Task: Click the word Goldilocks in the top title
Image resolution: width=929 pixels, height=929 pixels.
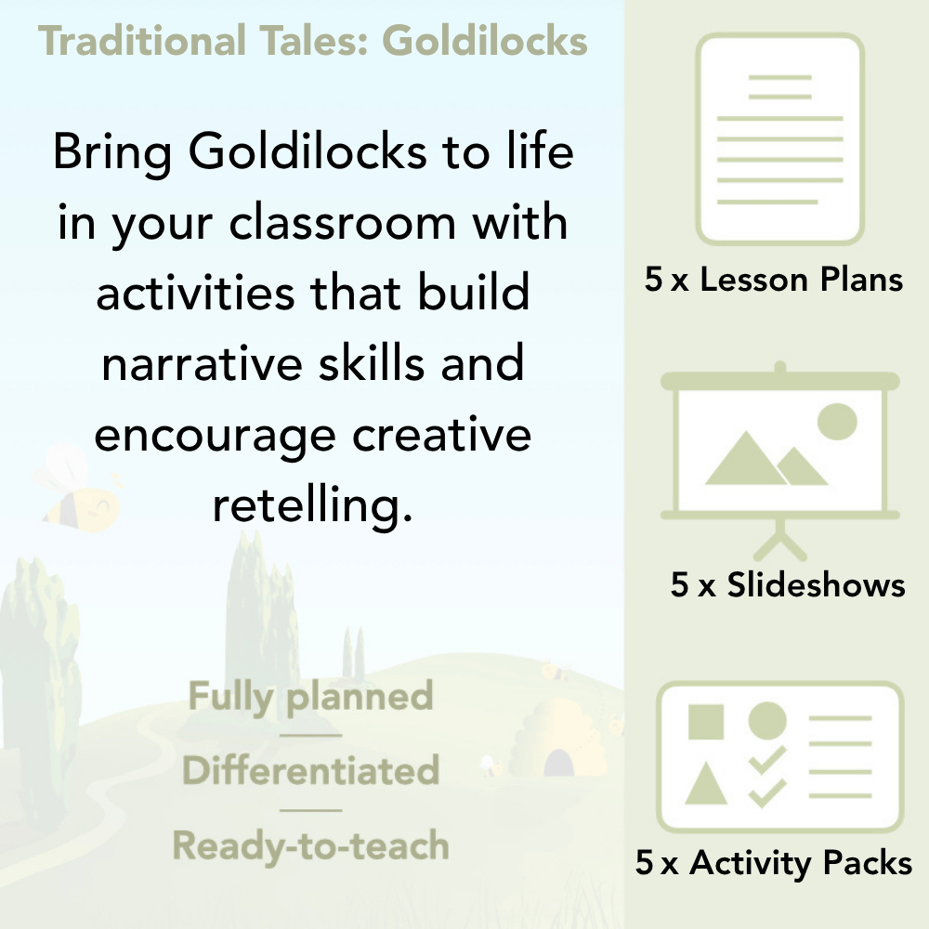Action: click(485, 42)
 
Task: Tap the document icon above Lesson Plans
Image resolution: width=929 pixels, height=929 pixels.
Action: click(780, 139)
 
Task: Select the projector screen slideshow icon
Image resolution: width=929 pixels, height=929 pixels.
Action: click(780, 446)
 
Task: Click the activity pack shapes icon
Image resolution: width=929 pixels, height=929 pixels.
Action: click(780, 757)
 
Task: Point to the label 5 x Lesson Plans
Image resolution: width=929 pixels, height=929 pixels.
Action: click(774, 280)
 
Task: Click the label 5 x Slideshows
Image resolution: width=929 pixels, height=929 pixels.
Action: click(787, 585)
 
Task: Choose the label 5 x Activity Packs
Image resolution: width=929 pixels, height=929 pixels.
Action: click(774, 864)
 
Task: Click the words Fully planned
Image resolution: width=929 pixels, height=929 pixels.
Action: click(310, 697)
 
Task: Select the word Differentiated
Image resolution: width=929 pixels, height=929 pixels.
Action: click(310, 771)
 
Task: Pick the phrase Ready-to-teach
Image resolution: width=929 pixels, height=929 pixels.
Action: click(310, 846)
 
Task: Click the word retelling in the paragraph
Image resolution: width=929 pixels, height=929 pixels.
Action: click(311, 506)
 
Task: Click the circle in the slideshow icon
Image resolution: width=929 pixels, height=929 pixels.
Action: click(836, 421)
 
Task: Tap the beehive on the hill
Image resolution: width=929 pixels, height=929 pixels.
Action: click(548, 743)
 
